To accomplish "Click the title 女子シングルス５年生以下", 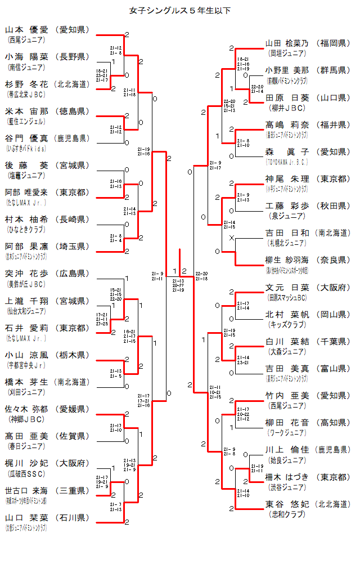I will pyautogui.click(x=179, y=11).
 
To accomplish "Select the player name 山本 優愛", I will pyautogui.click(x=27, y=30).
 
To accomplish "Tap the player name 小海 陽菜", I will pyautogui.click(x=27, y=57).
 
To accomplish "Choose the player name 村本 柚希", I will pyautogui.click(x=27, y=219).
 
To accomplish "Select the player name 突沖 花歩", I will pyautogui.click(x=27, y=273).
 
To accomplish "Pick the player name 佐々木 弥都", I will pyautogui.click(x=27, y=409).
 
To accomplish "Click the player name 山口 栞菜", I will pyautogui.click(x=27, y=517).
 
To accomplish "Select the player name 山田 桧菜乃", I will pyautogui.click(x=287, y=43).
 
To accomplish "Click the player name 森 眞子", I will pyautogui.click(x=287, y=151).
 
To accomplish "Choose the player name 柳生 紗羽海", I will pyautogui.click(x=287, y=260).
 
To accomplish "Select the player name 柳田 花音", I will pyautogui.click(x=287, y=423).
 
